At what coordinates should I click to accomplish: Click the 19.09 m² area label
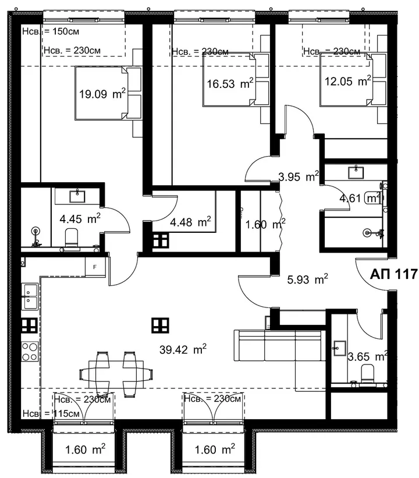click(102, 94)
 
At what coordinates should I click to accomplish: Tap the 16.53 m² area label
click(230, 83)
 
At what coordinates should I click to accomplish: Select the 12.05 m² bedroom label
click(347, 81)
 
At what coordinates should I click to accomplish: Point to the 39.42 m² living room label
click(183, 349)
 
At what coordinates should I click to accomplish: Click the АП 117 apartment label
click(393, 274)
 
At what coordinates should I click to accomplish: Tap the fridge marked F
click(95, 267)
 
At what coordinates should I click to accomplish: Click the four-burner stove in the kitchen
click(30, 352)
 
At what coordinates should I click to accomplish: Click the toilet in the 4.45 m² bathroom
click(72, 238)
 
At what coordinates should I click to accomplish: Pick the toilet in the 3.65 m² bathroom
click(367, 374)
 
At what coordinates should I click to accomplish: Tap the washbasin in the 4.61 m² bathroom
click(356, 172)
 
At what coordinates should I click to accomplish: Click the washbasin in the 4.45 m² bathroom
click(77, 196)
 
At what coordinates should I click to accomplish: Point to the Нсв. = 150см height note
click(51, 31)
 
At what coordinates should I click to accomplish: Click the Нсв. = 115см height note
click(51, 414)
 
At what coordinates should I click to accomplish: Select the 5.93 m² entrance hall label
click(308, 279)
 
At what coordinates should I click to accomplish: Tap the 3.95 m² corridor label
click(299, 176)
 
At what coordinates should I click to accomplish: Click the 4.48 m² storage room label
click(190, 222)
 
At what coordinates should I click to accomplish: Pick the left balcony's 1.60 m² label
click(86, 449)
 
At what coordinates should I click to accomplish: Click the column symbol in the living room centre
click(160, 325)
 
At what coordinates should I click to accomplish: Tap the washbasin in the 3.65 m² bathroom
click(339, 348)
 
